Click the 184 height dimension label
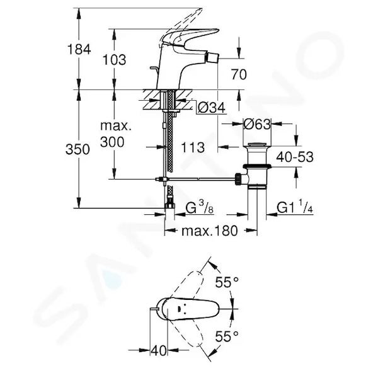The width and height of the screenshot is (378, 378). click(79, 49)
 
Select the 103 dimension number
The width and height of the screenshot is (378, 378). click(114, 60)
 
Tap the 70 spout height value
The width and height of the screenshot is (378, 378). click(239, 74)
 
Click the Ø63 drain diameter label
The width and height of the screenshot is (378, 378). click(257, 124)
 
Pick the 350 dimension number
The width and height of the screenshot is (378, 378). click(77, 149)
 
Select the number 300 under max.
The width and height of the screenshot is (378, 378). click(112, 142)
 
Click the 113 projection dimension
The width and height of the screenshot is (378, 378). click(193, 147)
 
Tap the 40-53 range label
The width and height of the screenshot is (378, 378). click(295, 157)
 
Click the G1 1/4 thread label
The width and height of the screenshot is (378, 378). click(295, 207)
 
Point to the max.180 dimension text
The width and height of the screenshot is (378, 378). click(210, 231)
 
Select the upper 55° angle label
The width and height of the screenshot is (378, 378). click(227, 282)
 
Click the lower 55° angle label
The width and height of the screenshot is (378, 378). click(227, 336)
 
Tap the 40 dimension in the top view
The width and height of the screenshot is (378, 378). click(159, 350)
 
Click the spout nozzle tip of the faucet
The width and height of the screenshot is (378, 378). click(212, 58)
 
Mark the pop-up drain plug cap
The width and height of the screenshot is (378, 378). click(257, 145)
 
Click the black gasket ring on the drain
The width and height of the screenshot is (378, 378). click(257, 166)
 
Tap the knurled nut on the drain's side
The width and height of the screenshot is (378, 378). click(238, 179)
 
